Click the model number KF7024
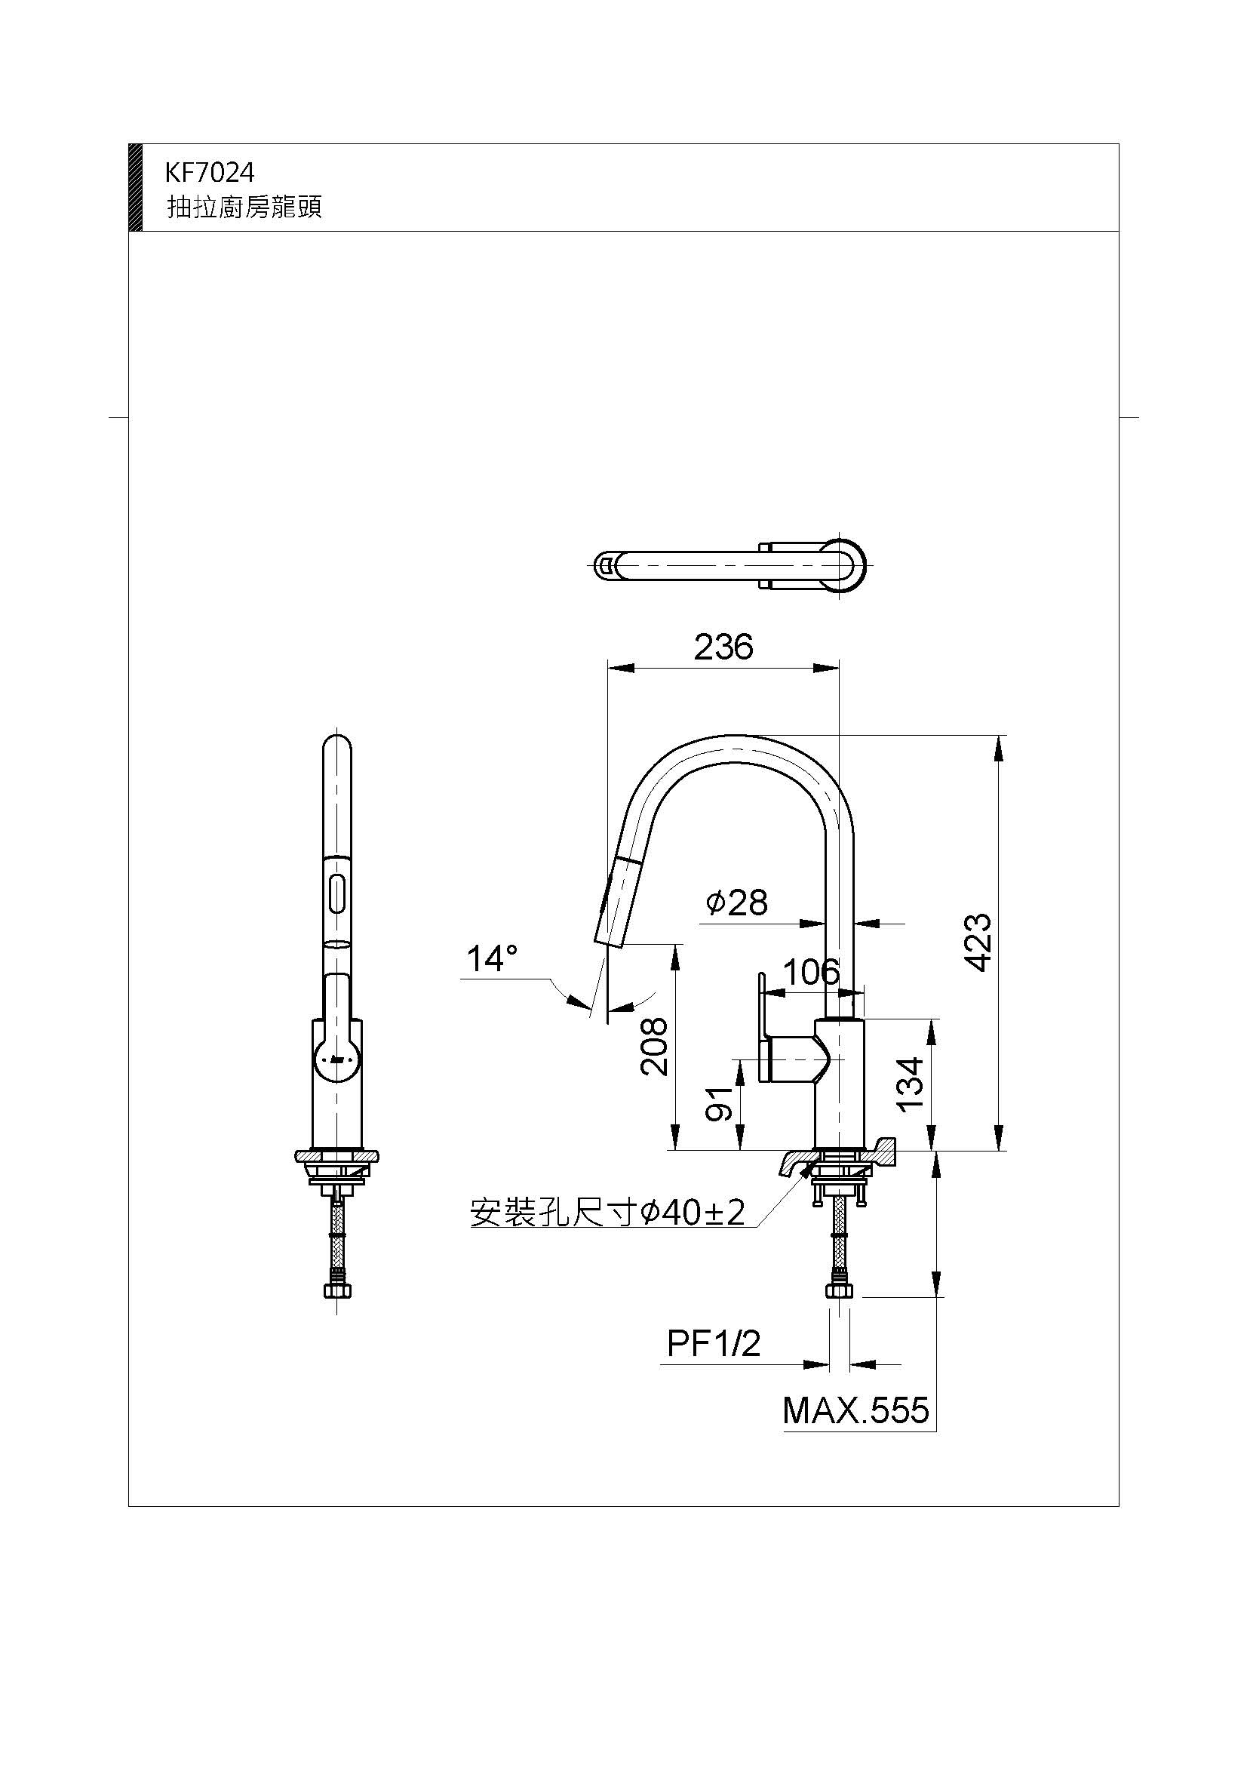(209, 173)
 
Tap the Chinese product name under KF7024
(244, 208)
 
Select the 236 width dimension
(723, 647)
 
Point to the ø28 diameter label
(737, 902)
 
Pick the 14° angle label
(492, 959)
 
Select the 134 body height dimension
(911, 1084)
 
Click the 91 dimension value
(720, 1105)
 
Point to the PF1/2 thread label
(714, 1344)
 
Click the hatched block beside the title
(134, 187)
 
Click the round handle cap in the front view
(336, 1061)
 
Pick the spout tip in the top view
(606, 567)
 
